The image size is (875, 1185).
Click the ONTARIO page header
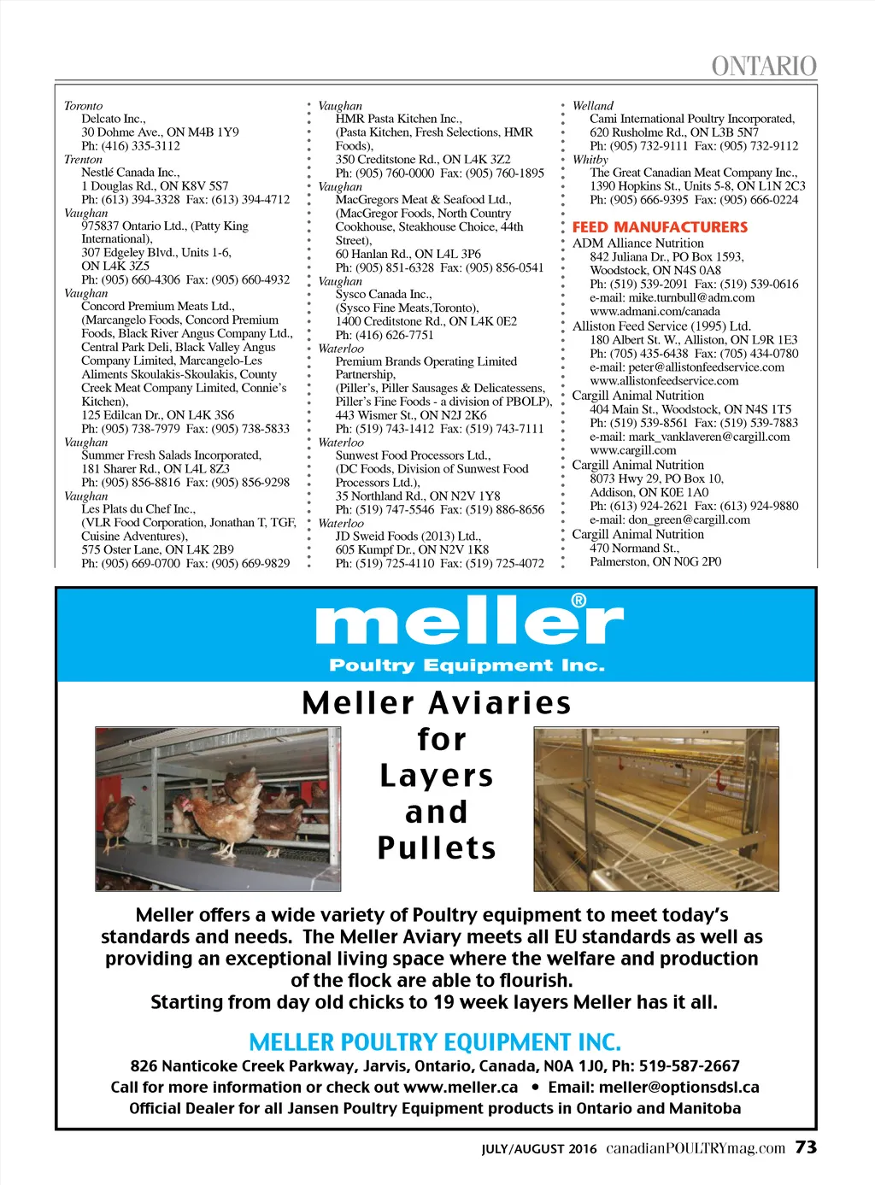[764, 66]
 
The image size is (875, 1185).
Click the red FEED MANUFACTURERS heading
[660, 227]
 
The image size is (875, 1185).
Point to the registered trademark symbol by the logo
[578, 601]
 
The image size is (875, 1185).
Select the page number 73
[806, 1147]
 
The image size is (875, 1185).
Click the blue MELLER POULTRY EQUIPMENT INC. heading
[435, 1042]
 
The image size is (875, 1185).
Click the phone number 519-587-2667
[690, 1065]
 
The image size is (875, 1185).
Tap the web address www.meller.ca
[461, 1087]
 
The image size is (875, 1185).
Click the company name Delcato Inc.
[114, 119]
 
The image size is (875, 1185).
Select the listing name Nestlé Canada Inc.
[131, 173]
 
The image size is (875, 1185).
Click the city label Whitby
[590, 160]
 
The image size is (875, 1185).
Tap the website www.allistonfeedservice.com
[664, 381]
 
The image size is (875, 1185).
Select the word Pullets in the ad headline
[437, 848]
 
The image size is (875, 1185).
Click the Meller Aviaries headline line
[437, 703]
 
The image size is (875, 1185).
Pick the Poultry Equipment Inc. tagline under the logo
[467, 666]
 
